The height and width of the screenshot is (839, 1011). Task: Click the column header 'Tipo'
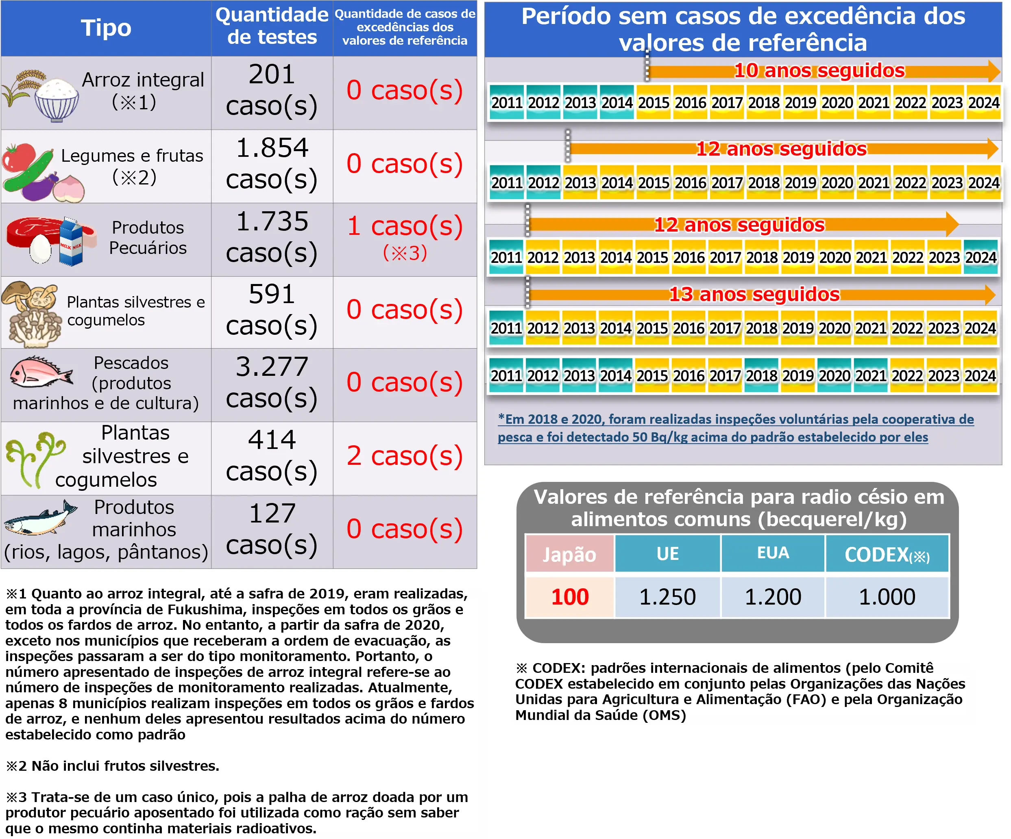tap(106, 28)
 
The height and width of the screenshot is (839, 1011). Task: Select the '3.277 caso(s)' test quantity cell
tap(272, 383)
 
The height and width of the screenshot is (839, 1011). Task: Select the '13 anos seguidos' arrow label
tap(754, 295)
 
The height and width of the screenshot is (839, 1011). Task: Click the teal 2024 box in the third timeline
tap(980, 257)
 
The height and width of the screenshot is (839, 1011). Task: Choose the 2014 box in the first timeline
tap(617, 102)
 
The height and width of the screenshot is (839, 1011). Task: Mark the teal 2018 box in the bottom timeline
tap(762, 375)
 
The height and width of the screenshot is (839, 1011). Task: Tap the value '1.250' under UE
tap(667, 597)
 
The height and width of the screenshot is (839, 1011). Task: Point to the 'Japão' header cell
tap(569, 555)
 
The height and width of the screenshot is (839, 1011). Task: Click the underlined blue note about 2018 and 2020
tap(735, 428)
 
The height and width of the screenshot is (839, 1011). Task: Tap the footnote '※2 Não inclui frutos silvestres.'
tap(113, 766)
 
